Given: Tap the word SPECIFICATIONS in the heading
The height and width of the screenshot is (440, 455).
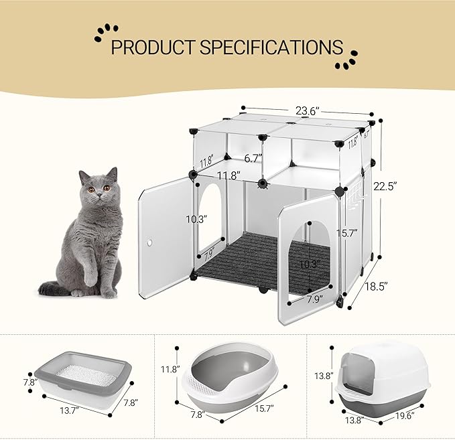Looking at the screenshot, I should (x=271, y=48).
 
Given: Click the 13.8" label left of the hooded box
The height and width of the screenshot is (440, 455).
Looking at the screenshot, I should (x=323, y=374).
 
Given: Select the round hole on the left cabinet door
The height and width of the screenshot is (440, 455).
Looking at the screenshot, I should (x=152, y=243).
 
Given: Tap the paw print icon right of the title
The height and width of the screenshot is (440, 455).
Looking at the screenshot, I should (x=346, y=59).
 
